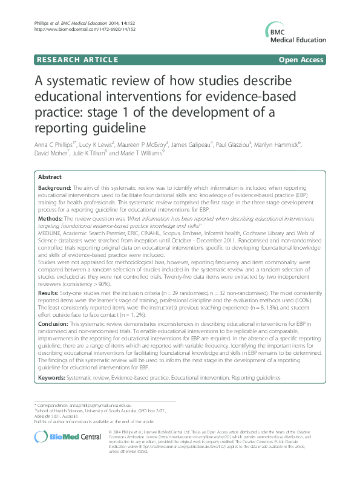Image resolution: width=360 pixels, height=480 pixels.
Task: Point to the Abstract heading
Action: [50, 177]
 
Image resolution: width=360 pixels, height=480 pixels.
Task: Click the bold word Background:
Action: [54, 189]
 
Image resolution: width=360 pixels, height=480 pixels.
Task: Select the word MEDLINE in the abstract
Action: [50, 230]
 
